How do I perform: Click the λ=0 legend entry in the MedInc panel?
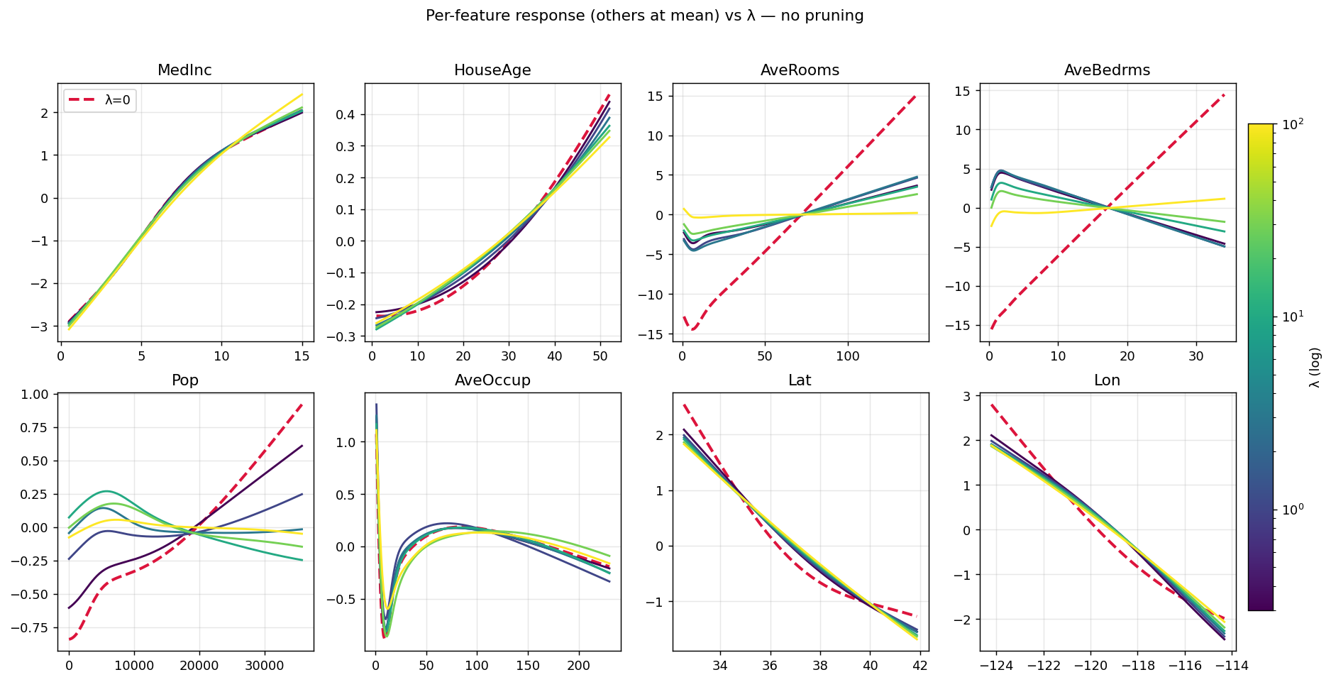pos(100,101)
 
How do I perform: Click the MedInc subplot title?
pos(184,70)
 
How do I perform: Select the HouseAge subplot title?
pos(492,70)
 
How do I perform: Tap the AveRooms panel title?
pos(800,70)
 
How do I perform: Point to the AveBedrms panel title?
pos(1107,70)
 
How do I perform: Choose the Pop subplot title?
pos(185,380)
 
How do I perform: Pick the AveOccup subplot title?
pos(492,380)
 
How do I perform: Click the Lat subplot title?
pos(800,380)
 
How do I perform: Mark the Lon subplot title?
pos(1107,380)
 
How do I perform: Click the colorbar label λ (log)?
pos(1315,367)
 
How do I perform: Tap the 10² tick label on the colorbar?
pos(1293,124)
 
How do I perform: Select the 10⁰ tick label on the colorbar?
pos(1293,510)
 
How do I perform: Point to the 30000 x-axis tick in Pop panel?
pos(265,666)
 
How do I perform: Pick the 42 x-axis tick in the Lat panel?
pos(920,666)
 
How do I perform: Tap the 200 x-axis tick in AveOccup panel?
pos(579,666)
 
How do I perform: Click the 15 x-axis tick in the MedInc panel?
pos(302,356)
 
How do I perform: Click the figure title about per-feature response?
pos(644,16)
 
